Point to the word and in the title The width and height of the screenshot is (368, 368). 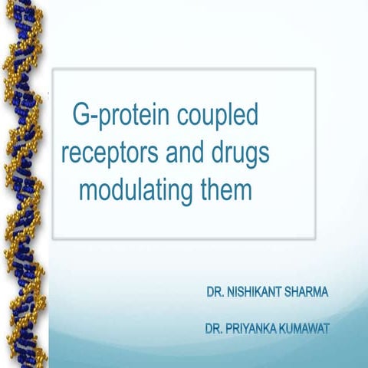tap(187, 153)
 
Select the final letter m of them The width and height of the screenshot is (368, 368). tap(243, 191)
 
